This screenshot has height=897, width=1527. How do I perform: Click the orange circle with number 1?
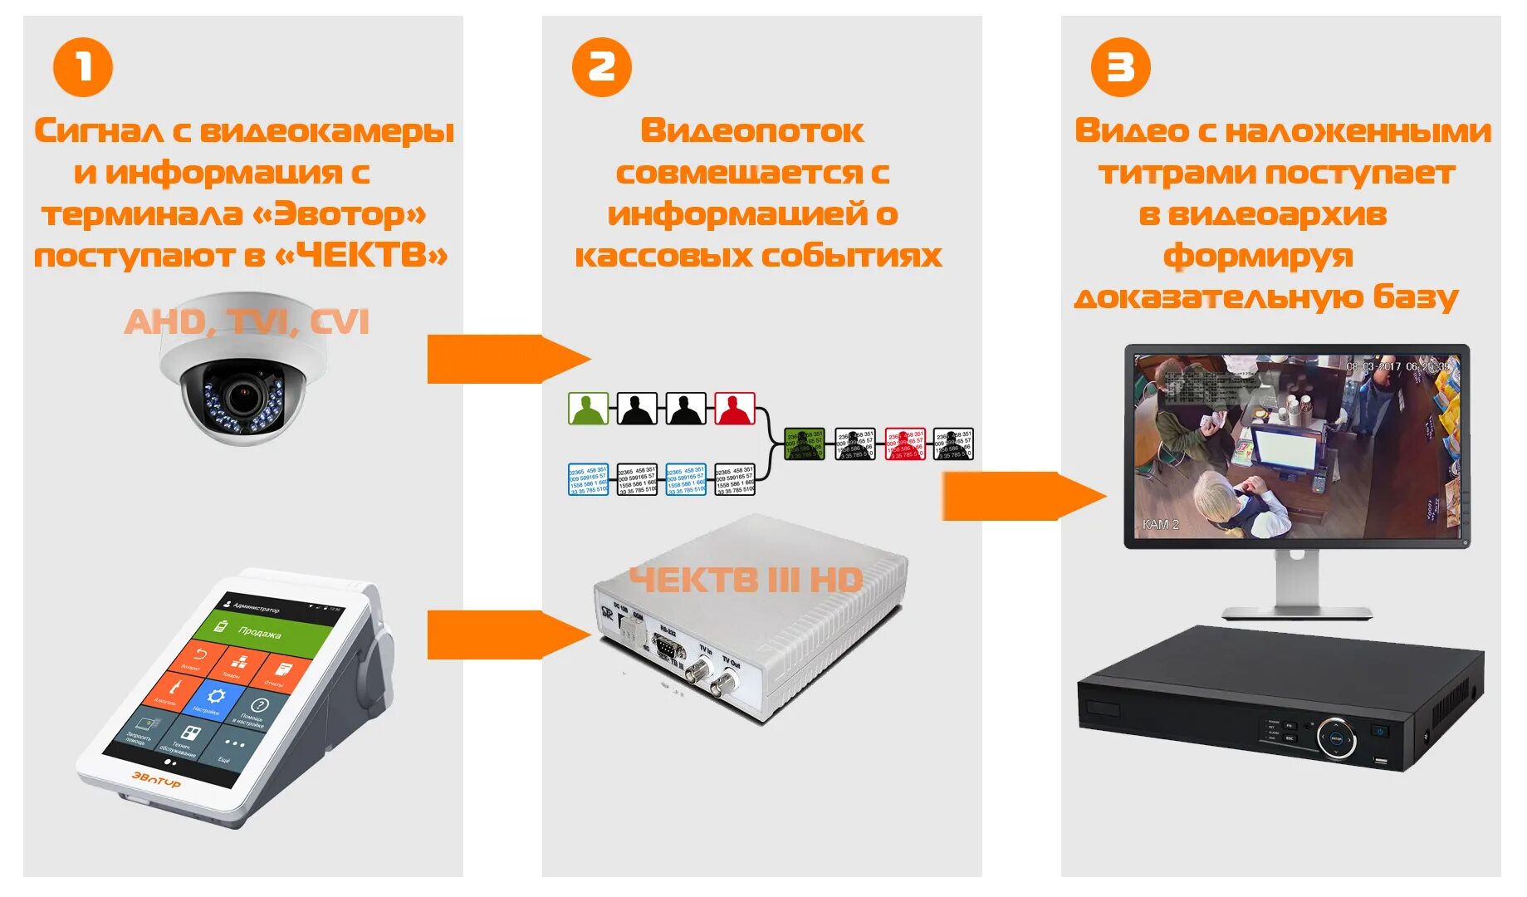(x=83, y=67)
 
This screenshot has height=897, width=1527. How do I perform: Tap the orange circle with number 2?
(x=602, y=67)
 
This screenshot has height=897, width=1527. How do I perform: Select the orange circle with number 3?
(x=1120, y=67)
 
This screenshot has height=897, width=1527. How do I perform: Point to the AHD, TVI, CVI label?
(x=247, y=321)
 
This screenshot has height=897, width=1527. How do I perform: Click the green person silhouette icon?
(x=588, y=409)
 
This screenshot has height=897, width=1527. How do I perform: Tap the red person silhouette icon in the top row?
(x=735, y=409)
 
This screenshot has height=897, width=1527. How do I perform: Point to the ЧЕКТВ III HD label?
(x=746, y=580)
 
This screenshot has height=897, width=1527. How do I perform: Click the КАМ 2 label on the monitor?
(x=1161, y=524)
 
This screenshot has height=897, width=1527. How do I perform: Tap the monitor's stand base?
(x=1297, y=613)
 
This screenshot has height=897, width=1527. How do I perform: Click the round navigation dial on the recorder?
(x=1336, y=738)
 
